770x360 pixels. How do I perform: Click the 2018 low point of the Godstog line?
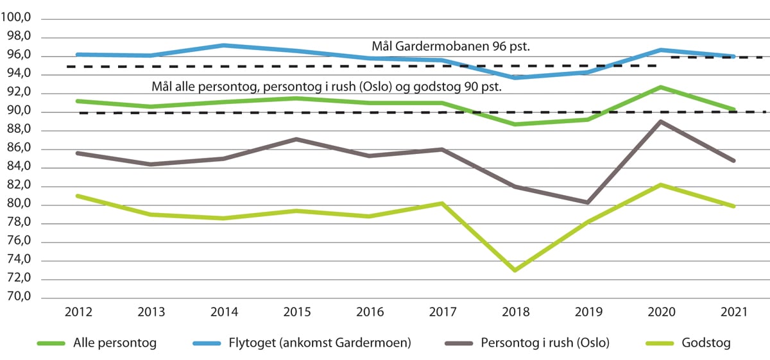tap(515, 270)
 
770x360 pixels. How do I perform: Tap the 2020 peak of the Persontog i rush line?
tap(661, 121)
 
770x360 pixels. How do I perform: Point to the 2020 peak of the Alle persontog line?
tap(661, 87)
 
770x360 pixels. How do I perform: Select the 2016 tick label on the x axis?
tap(370, 313)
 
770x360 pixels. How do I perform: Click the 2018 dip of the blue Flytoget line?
tap(515, 78)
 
